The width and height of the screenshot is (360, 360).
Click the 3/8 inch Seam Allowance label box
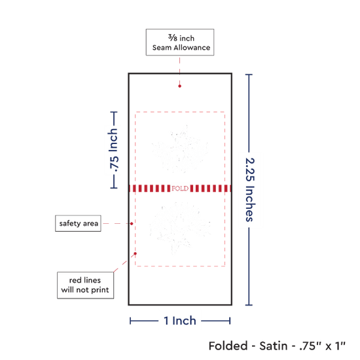[180, 43]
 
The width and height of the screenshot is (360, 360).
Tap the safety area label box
[78, 223]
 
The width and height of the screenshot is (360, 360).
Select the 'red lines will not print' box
[85, 285]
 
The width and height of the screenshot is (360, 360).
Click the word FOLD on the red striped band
[180, 189]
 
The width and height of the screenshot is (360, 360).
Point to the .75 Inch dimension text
[114, 150]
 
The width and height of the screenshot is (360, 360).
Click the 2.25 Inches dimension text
[250, 190]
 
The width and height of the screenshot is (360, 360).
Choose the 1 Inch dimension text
[180, 321]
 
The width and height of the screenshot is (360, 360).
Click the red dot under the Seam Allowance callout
[179, 86]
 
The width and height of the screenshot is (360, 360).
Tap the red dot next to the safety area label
[132, 224]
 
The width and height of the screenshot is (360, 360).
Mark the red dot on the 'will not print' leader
[135, 253]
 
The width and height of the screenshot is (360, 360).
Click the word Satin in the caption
[274, 346]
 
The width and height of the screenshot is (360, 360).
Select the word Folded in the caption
[228, 346]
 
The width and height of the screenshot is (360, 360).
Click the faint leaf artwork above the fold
[180, 149]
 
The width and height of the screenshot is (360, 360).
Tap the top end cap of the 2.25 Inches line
[249, 75]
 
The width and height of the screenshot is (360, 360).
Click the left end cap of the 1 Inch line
[130, 321]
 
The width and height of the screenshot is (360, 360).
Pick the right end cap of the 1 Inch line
[230, 321]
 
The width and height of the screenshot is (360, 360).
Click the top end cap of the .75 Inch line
[114, 113]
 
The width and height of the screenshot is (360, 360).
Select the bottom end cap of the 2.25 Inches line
[249, 305]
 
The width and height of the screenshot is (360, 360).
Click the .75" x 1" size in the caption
[322, 346]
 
